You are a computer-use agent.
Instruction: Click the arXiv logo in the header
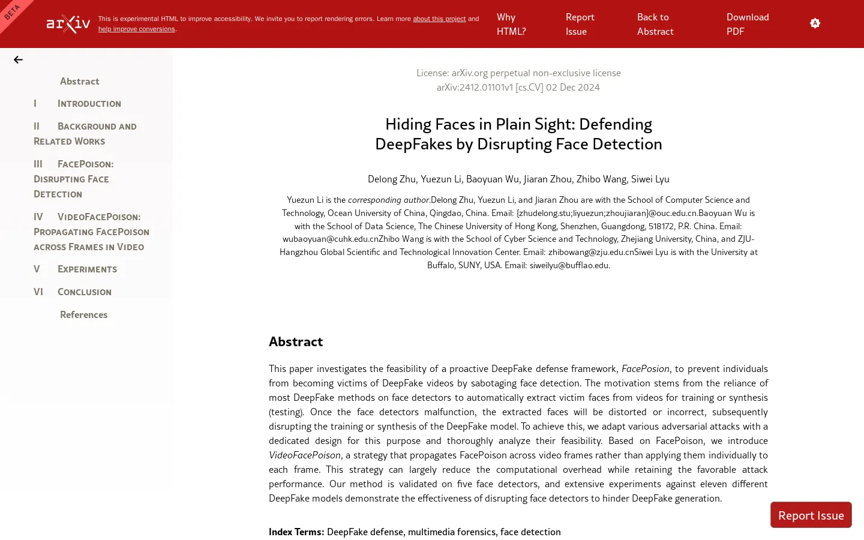click(x=68, y=24)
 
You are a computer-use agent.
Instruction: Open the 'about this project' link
click(x=439, y=19)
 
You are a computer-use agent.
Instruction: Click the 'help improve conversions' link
click(x=137, y=29)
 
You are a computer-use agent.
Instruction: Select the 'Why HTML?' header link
click(x=511, y=24)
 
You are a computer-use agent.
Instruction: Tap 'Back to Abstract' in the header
click(x=655, y=24)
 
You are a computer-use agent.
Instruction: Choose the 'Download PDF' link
click(x=748, y=24)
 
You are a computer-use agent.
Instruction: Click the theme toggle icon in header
click(x=815, y=23)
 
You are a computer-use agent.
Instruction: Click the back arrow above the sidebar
click(x=18, y=59)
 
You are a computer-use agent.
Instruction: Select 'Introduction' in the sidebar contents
click(x=89, y=103)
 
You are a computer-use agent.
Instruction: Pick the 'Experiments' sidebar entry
click(x=87, y=269)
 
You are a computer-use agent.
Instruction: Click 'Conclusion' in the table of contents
click(x=84, y=292)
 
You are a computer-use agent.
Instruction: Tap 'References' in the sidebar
click(x=83, y=314)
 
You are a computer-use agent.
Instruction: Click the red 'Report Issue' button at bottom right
click(x=811, y=515)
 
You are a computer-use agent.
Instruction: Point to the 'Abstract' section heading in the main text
click(x=296, y=341)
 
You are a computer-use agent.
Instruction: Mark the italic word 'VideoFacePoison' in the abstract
click(x=305, y=455)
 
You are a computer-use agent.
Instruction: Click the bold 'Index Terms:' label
click(x=296, y=532)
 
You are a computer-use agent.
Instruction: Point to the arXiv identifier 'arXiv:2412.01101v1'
click(x=475, y=87)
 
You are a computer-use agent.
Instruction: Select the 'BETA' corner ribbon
click(x=12, y=12)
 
